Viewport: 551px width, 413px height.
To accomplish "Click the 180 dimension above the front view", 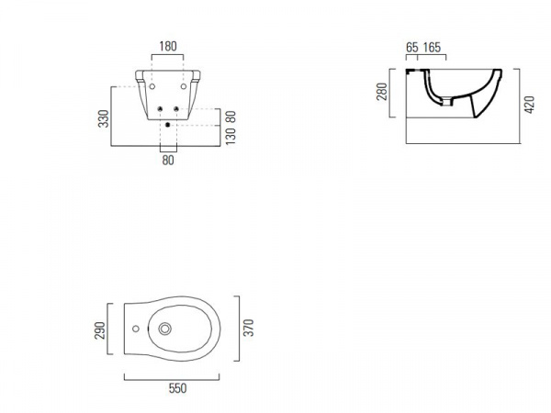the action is pos(168,47).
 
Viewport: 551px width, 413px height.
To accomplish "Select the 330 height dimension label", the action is pos(104,118).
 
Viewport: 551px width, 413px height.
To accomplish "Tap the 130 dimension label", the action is pos(231,137).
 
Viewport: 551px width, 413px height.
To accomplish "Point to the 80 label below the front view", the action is pos(168,160).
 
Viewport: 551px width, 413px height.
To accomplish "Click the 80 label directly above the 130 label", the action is pos(231,117).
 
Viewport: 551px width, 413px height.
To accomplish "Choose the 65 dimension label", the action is pos(412,48).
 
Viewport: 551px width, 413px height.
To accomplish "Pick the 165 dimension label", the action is pos(432,48).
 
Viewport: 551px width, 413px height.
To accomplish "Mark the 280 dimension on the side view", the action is pos(382,92).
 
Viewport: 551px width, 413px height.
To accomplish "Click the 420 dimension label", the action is pos(529,105).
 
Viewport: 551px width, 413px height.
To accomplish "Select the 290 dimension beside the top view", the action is pos(100,330).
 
